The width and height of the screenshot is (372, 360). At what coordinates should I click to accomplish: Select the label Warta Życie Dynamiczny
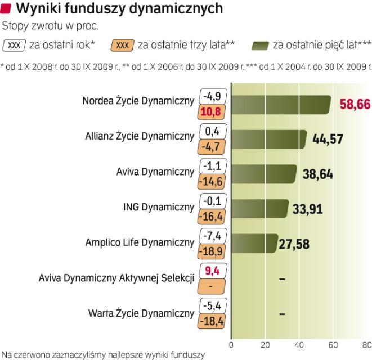141,313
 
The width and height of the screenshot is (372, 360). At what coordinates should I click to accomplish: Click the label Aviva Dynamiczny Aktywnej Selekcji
116,278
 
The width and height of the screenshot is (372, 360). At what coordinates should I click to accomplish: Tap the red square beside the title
7,8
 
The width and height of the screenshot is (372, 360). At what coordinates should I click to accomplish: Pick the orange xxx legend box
123,44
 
